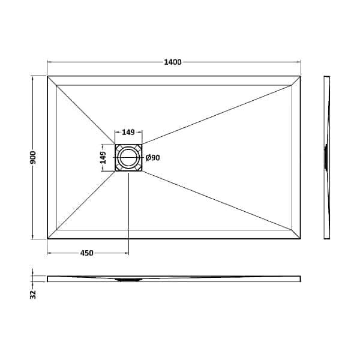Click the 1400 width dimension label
(173, 62)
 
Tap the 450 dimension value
(86, 253)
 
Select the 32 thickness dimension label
(34, 293)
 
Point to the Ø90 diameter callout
(152, 158)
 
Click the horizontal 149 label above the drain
(128, 133)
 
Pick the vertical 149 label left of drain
(103, 158)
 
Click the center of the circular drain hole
(128, 158)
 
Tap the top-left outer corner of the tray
(47, 76)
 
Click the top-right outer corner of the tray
(301, 76)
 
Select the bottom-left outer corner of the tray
(47, 239)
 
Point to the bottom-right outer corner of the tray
(301, 239)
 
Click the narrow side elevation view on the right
(327, 157)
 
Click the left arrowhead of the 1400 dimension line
(49, 62)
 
